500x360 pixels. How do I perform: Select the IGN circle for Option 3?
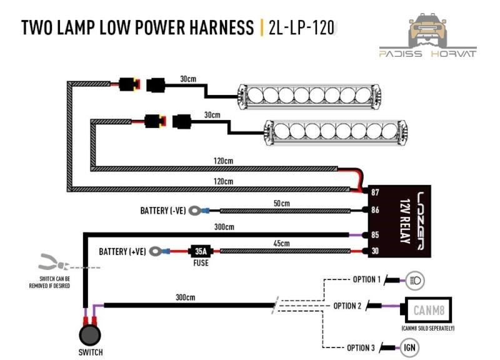[410, 347]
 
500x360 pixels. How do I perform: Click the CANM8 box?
[428, 309]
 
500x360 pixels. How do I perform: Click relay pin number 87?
[375, 192]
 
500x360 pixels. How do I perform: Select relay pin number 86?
[375, 211]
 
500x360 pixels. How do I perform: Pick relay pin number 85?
[375, 236]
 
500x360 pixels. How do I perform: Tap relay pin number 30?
[375, 252]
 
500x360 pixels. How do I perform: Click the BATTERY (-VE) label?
[163, 211]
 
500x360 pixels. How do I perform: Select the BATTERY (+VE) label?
[122, 252]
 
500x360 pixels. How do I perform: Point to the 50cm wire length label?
[281, 203]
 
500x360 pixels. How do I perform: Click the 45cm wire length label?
[281, 243]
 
